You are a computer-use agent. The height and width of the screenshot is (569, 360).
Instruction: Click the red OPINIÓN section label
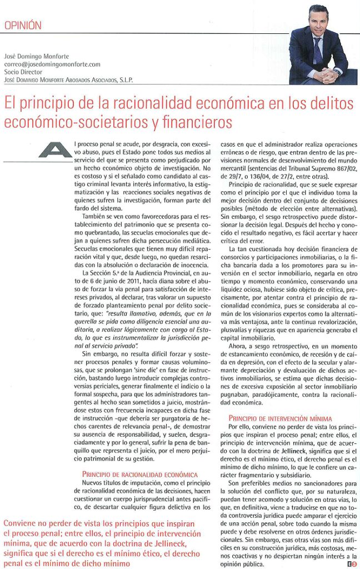point(23,25)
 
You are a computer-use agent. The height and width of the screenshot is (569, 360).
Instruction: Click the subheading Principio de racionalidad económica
point(139,475)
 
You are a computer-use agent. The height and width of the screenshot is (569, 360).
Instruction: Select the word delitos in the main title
point(331,104)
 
